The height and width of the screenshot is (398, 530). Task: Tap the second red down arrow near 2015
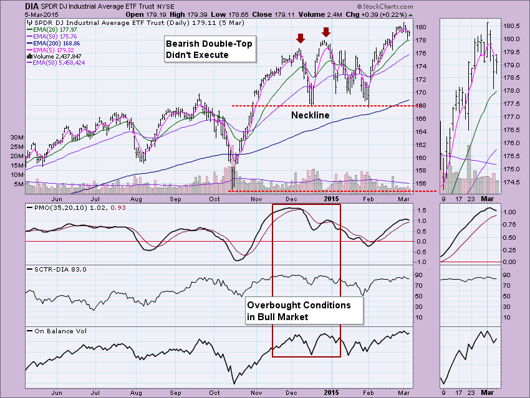325,32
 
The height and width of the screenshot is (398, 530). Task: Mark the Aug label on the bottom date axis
136,393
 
